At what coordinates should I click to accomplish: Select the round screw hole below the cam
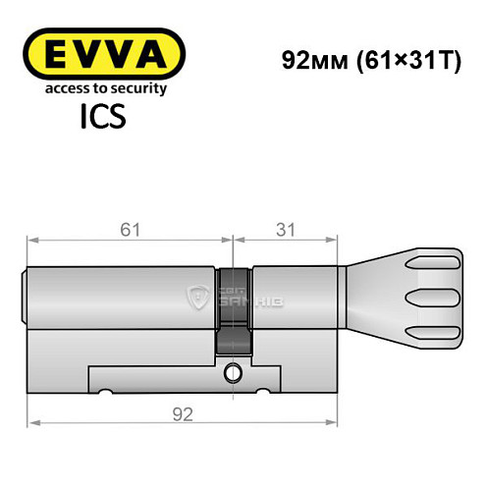click(232, 373)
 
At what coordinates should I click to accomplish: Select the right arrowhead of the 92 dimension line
click(328, 423)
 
